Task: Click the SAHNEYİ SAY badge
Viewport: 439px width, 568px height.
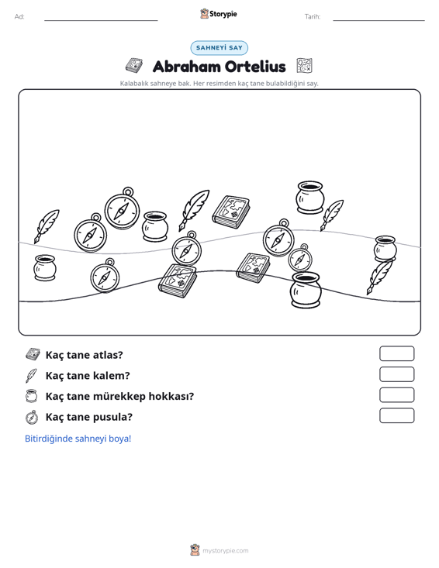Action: tap(219, 48)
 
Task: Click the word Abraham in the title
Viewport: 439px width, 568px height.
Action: tap(186, 67)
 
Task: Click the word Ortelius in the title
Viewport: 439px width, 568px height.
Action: tap(255, 67)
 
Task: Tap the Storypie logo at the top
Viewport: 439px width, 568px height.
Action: tap(219, 14)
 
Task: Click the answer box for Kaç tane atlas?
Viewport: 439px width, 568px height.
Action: tap(396, 353)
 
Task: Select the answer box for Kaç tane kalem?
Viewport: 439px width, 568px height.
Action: tap(396, 374)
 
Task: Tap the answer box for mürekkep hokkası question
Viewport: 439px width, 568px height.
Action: tap(396, 395)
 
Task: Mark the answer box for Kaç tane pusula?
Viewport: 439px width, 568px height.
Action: tap(396, 415)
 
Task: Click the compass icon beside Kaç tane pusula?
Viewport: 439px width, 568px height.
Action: tap(32, 417)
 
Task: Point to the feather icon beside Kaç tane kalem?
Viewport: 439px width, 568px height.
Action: tap(31, 376)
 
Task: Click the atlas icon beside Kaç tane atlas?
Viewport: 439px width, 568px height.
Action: tap(33, 354)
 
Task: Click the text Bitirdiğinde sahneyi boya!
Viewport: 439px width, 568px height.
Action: tap(78, 439)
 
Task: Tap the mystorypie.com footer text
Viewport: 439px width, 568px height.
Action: tap(225, 551)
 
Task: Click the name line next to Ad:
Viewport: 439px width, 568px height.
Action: tap(101, 20)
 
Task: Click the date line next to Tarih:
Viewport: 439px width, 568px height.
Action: tap(379, 20)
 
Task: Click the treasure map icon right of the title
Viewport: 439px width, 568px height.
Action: tap(304, 66)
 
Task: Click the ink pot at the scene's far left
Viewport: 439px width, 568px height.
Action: tap(45, 267)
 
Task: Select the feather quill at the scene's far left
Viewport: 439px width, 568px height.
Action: tap(47, 226)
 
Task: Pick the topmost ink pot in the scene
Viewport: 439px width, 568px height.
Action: tap(310, 198)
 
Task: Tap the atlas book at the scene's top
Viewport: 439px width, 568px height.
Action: tap(231, 212)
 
